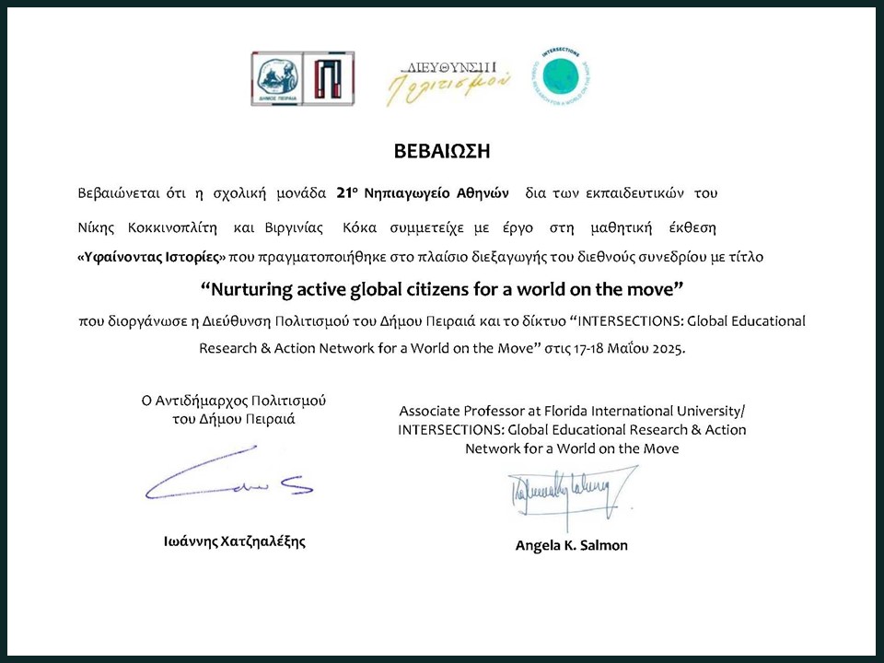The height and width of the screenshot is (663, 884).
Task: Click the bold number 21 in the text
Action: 345,193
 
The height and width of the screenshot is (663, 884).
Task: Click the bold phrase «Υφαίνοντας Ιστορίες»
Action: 151,259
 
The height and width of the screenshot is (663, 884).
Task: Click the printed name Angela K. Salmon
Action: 571,545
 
